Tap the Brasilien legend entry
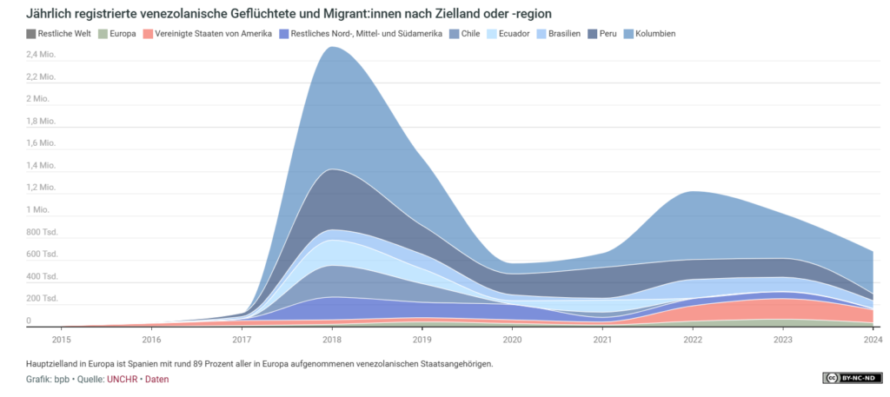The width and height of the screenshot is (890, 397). [x=559, y=34]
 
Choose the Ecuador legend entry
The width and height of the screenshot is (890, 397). [x=508, y=34]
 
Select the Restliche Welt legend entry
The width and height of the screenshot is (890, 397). [x=61, y=34]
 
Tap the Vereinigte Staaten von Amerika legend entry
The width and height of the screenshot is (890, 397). [x=212, y=34]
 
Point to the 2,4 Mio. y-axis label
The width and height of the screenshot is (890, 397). [x=42, y=54]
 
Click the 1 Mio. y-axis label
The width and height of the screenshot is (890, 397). [x=38, y=209]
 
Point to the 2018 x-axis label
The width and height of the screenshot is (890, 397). [x=332, y=339]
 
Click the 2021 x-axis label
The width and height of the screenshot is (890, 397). [x=603, y=339]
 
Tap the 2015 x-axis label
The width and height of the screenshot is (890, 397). [x=61, y=339]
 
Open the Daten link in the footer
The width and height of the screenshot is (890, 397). [x=157, y=379]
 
